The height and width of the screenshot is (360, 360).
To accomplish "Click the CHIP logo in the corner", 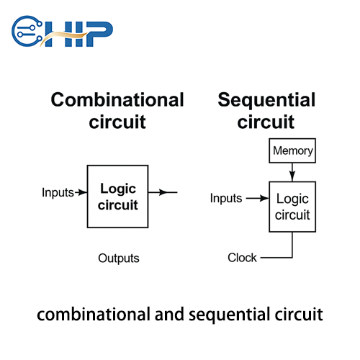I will tap(62, 30).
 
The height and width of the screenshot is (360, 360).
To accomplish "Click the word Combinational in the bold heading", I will tap(117, 99).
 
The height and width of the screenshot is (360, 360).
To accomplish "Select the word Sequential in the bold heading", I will tap(266, 99).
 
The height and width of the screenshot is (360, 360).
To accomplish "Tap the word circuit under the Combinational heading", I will tap(117, 122).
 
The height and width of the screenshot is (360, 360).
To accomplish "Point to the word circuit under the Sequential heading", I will tap(266, 122).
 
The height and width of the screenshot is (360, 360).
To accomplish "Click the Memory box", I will tap(292, 151).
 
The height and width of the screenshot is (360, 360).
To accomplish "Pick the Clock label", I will tap(242, 258).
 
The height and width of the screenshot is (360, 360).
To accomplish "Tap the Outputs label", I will tap(119, 258).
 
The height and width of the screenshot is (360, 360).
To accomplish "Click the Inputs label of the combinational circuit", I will tap(58, 193).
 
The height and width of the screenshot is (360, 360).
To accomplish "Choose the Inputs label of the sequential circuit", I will tap(226, 198).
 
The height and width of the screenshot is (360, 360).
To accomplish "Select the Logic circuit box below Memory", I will tap(292, 206).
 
